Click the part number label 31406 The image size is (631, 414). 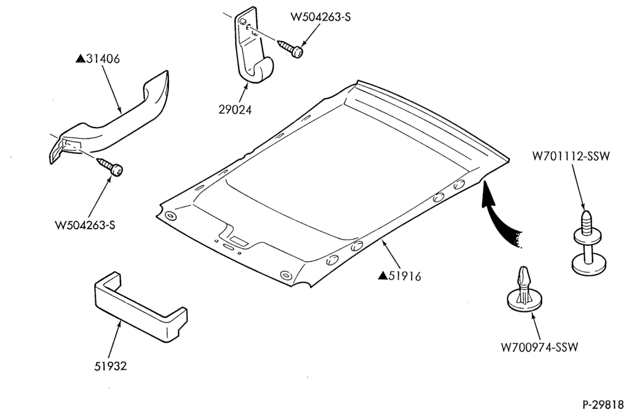click(103, 59)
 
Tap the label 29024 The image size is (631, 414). click(235, 109)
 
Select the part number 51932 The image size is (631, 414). click(110, 366)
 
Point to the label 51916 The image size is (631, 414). click(405, 276)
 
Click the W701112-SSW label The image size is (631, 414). click(571, 156)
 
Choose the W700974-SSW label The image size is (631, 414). click(540, 347)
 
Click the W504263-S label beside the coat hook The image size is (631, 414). click(321, 17)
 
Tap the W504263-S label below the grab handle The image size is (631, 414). click(85, 225)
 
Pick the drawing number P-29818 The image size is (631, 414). click(605, 403)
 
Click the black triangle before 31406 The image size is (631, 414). click(81, 59)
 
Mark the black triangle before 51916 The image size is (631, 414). click(383, 276)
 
